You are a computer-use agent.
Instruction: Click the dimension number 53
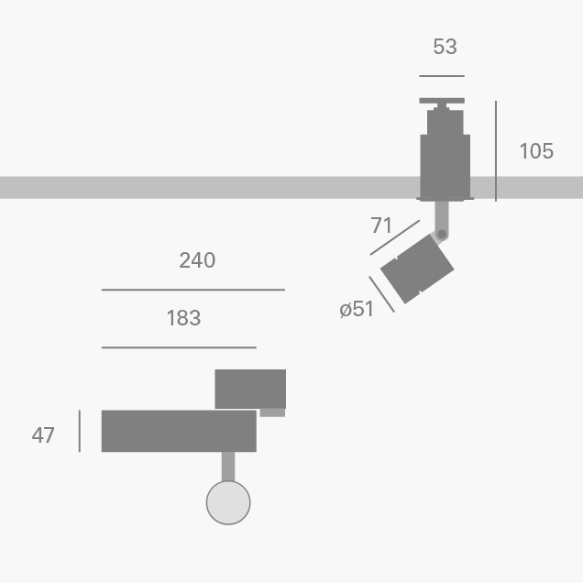[x=445, y=47]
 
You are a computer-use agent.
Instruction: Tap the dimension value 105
[x=536, y=151]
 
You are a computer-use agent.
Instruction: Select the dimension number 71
[x=381, y=225]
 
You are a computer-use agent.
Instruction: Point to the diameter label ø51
[x=357, y=309]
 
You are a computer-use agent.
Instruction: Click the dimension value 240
[x=197, y=260]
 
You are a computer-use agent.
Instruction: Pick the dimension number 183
[x=183, y=318]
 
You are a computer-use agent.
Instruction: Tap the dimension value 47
[x=43, y=435]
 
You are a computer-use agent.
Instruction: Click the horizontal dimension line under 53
[x=442, y=76]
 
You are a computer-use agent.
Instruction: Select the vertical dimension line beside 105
[x=496, y=151]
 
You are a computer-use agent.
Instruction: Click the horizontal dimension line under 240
[x=192, y=290]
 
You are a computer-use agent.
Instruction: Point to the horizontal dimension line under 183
[x=179, y=348]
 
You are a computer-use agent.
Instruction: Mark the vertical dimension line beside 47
[x=80, y=431]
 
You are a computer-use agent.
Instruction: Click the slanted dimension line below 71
[x=394, y=236]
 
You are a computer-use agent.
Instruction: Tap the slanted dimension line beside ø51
[x=381, y=294]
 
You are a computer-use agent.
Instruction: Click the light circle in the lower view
[x=228, y=502]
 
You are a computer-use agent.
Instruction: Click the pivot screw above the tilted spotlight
[x=442, y=235]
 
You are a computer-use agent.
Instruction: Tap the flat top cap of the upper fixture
[x=442, y=101]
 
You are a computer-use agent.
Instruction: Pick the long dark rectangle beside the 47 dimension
[x=179, y=431]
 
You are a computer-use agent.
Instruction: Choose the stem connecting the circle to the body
[x=228, y=467]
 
